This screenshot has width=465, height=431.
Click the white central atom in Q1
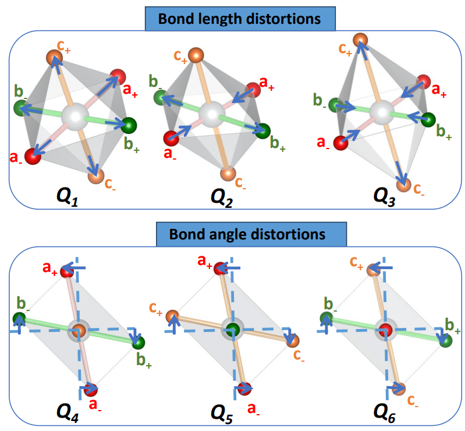[x=75, y=114]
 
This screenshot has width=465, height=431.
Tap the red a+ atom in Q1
[x=118, y=77]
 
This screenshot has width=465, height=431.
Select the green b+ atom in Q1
[x=128, y=125]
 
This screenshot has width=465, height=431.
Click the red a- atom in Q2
[x=171, y=139]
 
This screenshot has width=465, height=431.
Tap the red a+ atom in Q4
[x=68, y=270]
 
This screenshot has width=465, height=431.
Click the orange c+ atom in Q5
[x=172, y=316]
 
